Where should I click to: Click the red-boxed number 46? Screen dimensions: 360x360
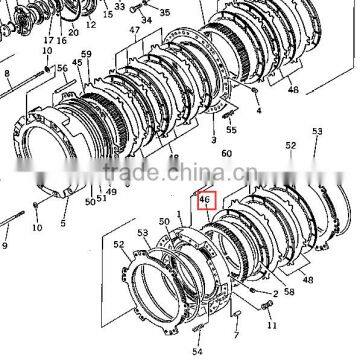click(204, 200)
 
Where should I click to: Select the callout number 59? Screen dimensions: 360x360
click(85, 53)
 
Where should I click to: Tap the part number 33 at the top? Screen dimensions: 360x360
click(148, 6)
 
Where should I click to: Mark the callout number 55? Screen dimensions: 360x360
click(232, 130)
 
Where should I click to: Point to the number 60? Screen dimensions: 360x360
click(226, 153)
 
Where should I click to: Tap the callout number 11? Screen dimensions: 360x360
click(270, 326)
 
